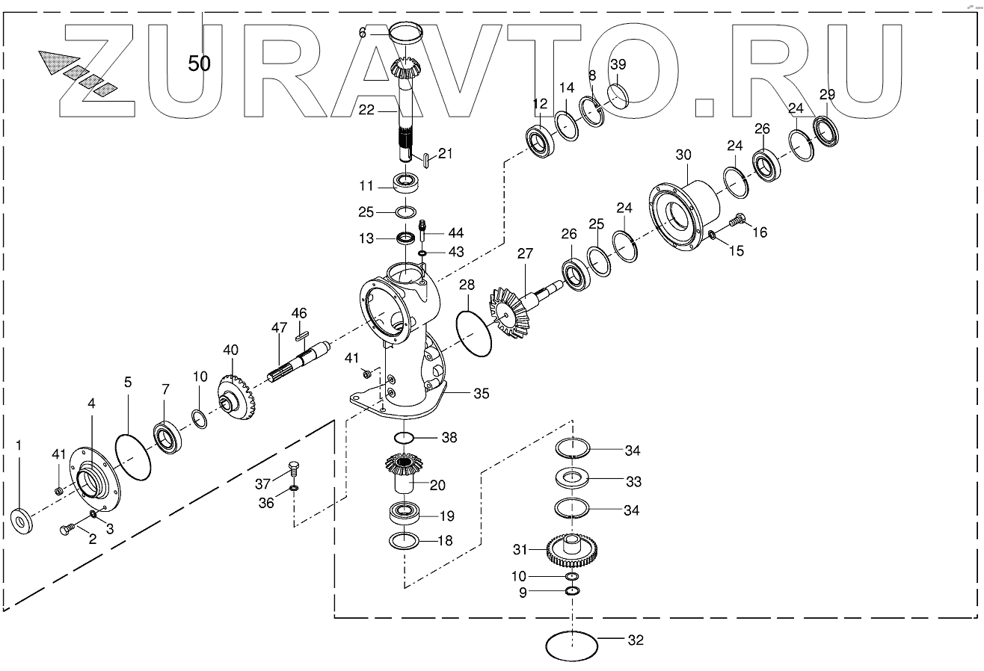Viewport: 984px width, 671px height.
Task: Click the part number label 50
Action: (x=199, y=64)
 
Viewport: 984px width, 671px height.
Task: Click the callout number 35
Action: (x=482, y=393)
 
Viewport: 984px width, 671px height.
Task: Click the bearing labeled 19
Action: (x=407, y=514)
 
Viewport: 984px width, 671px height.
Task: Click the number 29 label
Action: (x=827, y=94)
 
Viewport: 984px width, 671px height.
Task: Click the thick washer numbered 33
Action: (x=574, y=478)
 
